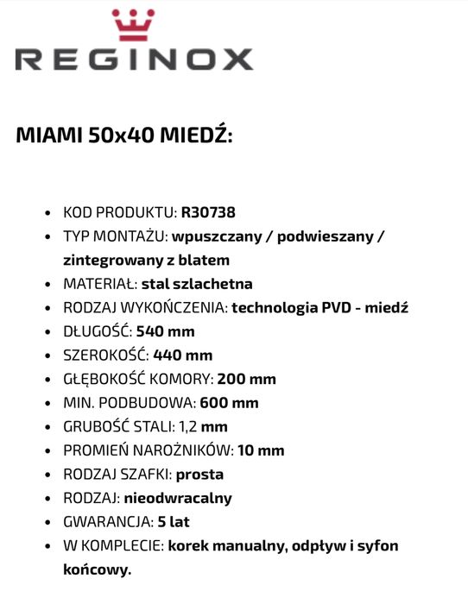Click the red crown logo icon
[133, 26]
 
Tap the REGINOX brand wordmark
[134, 60]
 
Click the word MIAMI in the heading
[48, 136]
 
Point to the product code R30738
[208, 212]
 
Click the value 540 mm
[165, 331]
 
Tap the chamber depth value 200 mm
[246, 379]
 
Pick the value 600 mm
[229, 403]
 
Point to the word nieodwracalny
[178, 498]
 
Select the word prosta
[199, 475]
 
